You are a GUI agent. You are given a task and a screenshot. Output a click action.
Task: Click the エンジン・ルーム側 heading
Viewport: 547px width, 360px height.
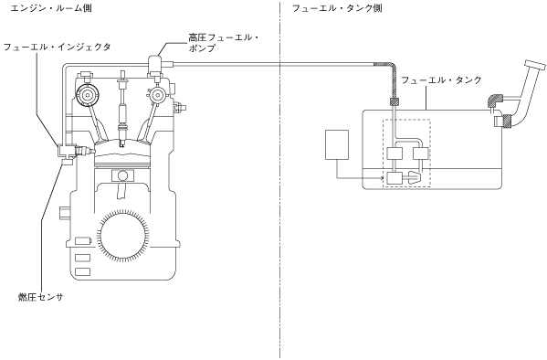pyautogui.click(x=51, y=7)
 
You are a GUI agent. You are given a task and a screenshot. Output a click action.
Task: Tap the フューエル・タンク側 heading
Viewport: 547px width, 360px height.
pyautogui.click(x=337, y=7)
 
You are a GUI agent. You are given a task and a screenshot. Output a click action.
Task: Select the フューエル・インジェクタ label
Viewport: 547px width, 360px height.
pyautogui.click(x=57, y=47)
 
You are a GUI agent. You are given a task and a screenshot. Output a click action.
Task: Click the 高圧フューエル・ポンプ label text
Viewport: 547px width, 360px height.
pyautogui.click(x=224, y=43)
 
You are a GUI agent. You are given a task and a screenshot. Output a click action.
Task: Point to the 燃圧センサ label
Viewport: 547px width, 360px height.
pyautogui.click(x=41, y=297)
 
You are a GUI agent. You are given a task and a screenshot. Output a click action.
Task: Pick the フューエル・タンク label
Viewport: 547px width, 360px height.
pyautogui.click(x=441, y=80)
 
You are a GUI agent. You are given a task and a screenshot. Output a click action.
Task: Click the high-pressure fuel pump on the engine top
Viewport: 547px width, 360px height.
pyautogui.click(x=154, y=66)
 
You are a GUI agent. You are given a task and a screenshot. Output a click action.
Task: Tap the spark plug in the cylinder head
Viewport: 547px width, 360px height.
pyautogui.click(x=122, y=109)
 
